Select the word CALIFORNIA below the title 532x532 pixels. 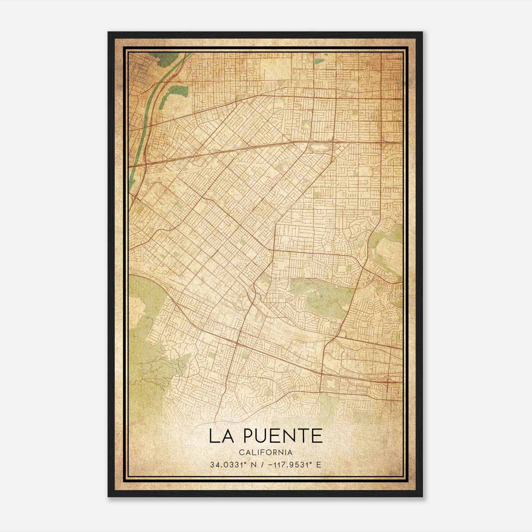[266, 453]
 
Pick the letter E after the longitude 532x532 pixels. [319, 465]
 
